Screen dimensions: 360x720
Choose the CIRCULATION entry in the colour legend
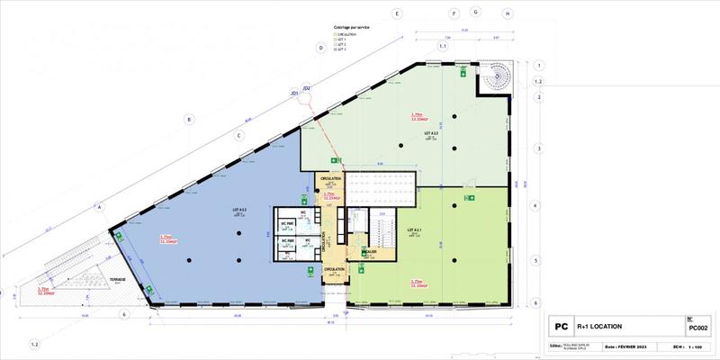coord(346,33)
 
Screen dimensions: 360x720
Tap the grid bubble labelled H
coord(508,14)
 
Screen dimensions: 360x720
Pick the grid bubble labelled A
coord(101,206)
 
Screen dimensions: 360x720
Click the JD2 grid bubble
coord(307,88)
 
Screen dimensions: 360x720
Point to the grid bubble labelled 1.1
coord(442,45)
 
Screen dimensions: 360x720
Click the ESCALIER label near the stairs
coord(359,251)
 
